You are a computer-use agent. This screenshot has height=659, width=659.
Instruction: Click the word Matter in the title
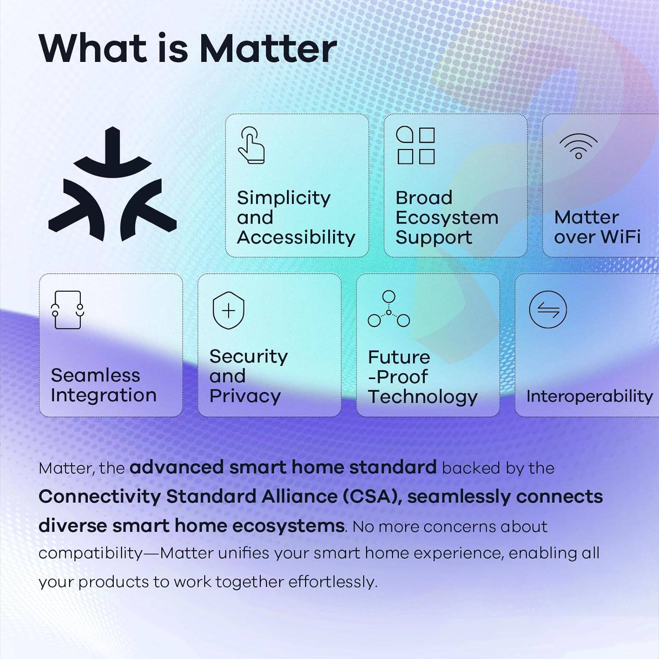pyautogui.click(x=268, y=48)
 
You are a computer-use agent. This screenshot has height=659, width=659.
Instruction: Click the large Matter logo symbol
pyautogui.click(x=112, y=185)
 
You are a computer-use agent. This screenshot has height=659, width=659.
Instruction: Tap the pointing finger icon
pyautogui.click(x=251, y=145)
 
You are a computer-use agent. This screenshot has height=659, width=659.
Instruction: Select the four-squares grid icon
pyautogui.click(x=416, y=145)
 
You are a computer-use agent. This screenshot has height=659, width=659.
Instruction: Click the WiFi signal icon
pyautogui.click(x=578, y=146)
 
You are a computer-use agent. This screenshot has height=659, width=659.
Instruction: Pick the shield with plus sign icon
pyautogui.click(x=228, y=311)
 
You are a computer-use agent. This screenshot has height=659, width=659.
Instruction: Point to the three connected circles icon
pyautogui.click(x=389, y=309)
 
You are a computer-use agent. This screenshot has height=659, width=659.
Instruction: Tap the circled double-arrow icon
pyautogui.click(x=548, y=310)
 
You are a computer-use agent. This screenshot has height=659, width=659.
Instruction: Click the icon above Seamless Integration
pyautogui.click(x=67, y=310)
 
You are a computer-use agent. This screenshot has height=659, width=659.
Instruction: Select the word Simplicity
pyautogui.click(x=283, y=198)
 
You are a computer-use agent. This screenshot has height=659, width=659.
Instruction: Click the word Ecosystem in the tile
pyautogui.click(x=447, y=218)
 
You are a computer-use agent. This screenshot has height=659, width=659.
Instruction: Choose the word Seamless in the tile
pyautogui.click(x=95, y=376)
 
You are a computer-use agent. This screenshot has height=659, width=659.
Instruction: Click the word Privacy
pyautogui.click(x=245, y=396)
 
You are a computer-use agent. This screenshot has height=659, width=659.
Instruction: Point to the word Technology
pyautogui.click(x=423, y=397)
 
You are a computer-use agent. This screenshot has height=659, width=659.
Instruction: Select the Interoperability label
pyautogui.click(x=589, y=396)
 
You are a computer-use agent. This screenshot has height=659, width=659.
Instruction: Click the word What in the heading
pyautogui.click(x=93, y=48)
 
